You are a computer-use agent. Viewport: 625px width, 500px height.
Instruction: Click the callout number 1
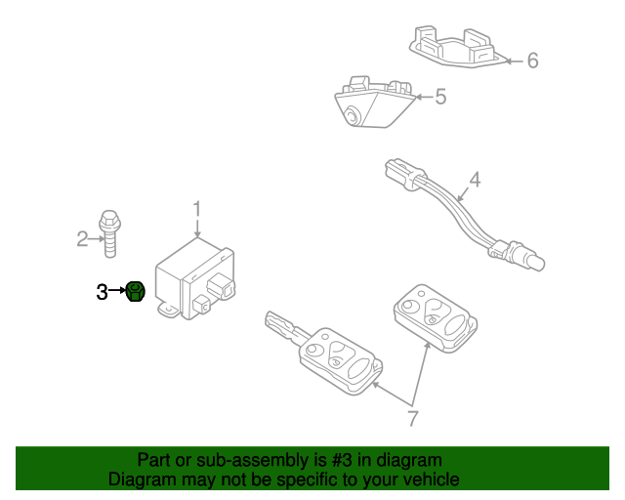tap(196, 208)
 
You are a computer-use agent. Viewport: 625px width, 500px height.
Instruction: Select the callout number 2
tap(83, 237)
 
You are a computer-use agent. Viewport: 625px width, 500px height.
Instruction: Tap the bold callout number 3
tap(103, 291)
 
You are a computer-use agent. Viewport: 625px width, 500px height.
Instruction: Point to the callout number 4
tap(475, 180)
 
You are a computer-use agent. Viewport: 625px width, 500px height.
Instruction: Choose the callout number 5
tap(439, 97)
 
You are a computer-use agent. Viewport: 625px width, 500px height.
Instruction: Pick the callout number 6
tap(532, 61)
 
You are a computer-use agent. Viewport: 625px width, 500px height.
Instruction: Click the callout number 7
tap(412, 418)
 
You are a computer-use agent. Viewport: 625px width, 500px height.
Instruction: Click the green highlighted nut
tap(135, 290)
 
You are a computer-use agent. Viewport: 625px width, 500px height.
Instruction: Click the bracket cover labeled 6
tap(453, 47)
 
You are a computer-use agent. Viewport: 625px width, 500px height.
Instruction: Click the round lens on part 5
tap(351, 117)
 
